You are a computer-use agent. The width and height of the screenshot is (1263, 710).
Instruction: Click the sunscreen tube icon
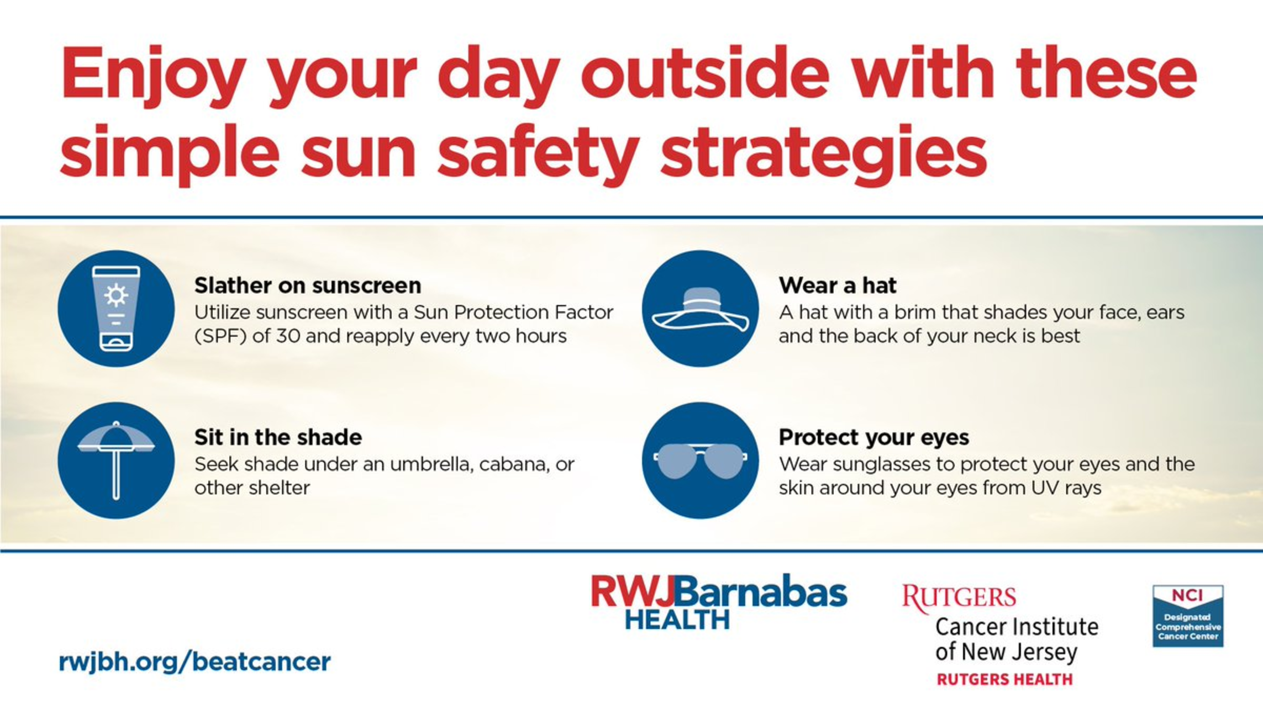[116, 308]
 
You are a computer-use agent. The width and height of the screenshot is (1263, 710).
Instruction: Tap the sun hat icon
[700, 309]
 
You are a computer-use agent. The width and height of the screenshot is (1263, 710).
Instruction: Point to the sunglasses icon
[700, 460]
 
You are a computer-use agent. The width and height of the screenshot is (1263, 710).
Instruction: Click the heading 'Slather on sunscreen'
[308, 285]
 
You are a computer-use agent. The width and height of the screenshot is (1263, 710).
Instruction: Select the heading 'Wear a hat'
[838, 285]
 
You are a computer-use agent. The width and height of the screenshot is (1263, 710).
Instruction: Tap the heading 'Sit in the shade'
[278, 437]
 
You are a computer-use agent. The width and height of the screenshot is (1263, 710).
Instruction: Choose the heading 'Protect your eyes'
[874, 438]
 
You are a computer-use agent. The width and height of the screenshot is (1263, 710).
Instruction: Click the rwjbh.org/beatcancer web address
[194, 661]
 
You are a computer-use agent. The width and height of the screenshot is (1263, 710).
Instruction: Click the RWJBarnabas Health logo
[719, 602]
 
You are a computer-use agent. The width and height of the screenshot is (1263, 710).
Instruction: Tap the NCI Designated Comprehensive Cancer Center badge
[1188, 616]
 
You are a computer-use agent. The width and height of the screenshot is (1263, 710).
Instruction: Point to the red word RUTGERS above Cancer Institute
[959, 598]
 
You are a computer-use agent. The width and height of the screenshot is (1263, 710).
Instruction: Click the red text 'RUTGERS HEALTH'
[1004, 679]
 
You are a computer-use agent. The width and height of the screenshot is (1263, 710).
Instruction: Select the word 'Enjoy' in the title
[153, 75]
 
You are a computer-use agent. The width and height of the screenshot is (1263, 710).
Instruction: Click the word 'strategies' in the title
[824, 153]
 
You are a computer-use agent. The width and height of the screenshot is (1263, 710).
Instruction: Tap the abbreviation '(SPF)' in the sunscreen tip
[220, 336]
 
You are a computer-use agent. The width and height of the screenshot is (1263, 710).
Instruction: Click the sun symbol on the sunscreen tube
[116, 295]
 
